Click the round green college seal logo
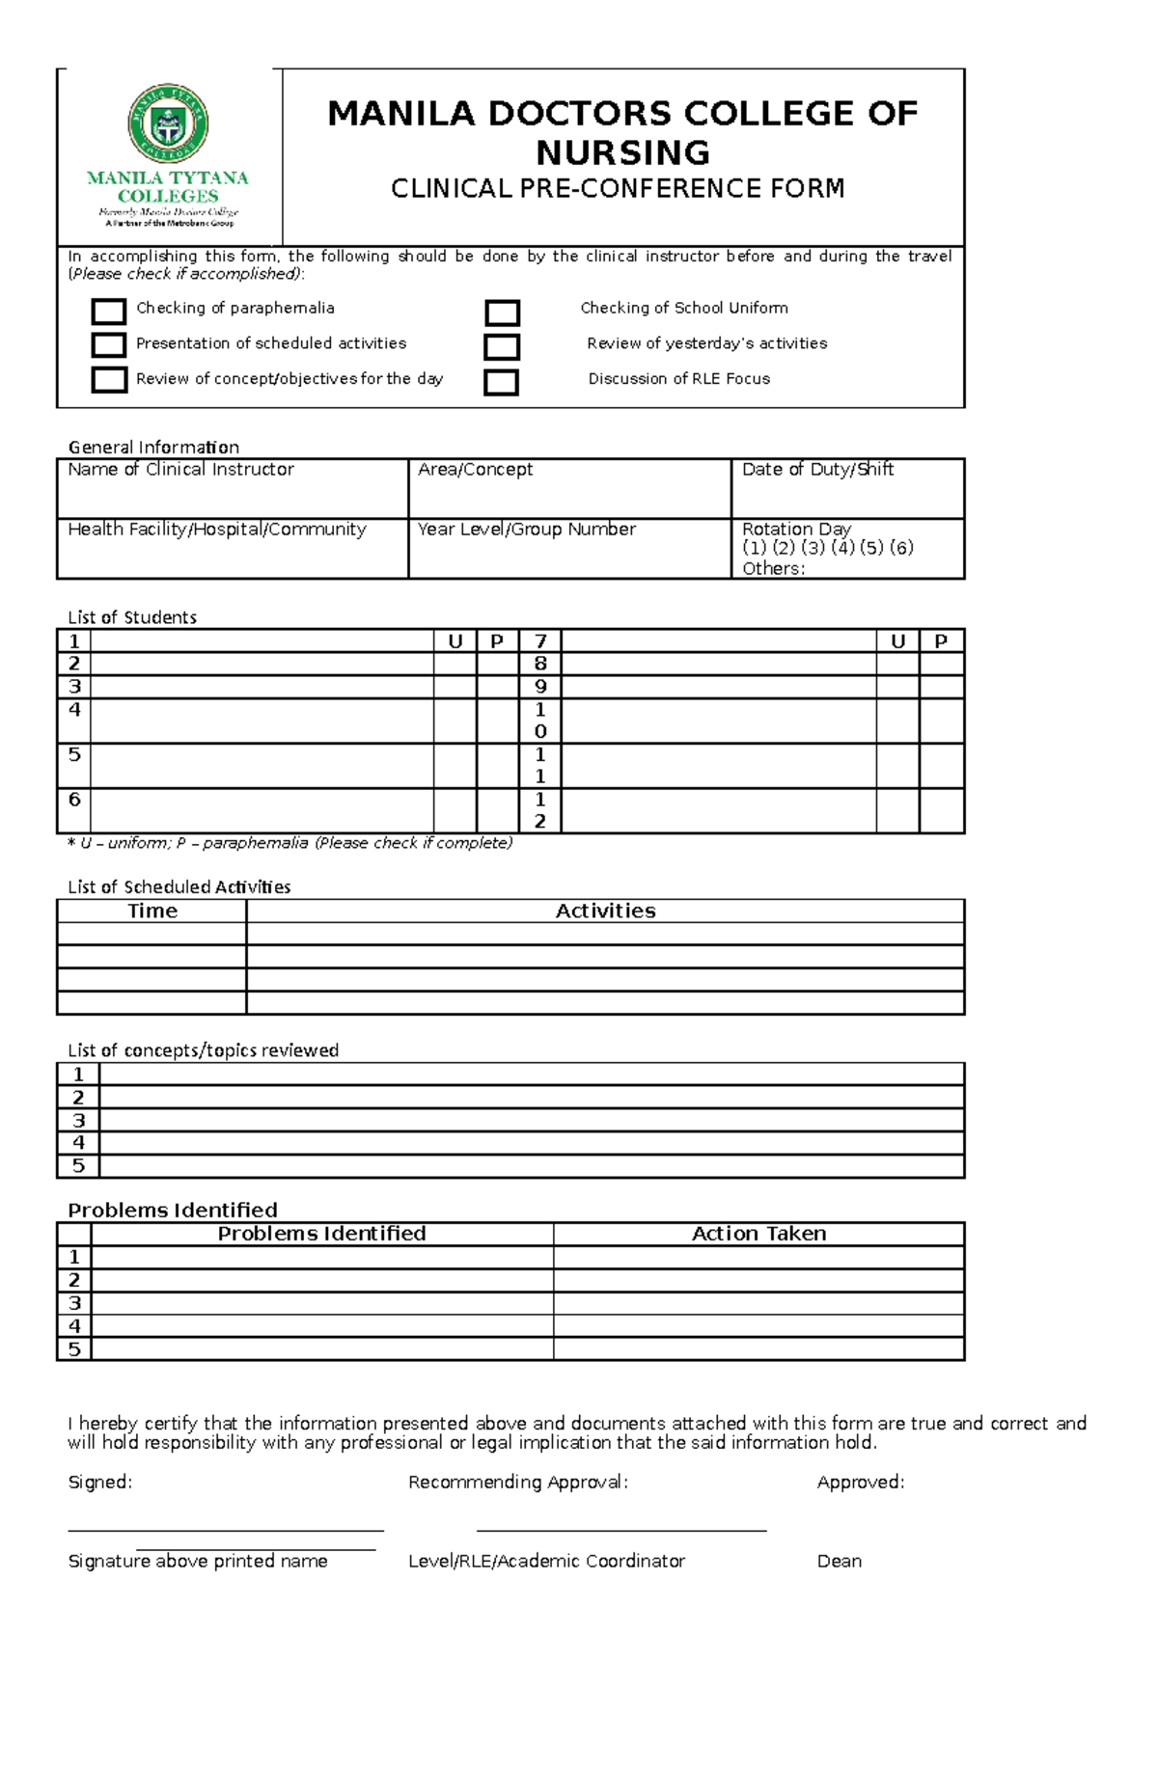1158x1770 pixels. tap(168, 123)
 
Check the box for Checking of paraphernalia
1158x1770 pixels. tap(109, 311)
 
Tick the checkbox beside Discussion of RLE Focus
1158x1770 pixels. tap(501, 382)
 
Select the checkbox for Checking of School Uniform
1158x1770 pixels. tap(502, 313)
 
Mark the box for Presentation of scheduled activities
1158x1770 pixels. tap(109, 345)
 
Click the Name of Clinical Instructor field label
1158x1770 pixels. tap(180, 470)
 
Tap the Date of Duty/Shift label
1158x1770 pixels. tap(817, 470)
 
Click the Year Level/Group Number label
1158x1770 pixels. tap(526, 530)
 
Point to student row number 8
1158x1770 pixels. tap(540, 664)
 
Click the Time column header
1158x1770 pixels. tap(152, 911)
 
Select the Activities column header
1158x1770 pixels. tap(605, 911)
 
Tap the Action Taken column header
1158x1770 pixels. tap(758, 1234)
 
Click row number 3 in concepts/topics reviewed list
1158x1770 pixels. tap(78, 1121)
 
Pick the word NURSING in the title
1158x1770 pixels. tap(622, 152)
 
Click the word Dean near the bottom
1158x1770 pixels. tap(839, 1561)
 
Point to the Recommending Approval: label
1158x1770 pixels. tap(518, 1482)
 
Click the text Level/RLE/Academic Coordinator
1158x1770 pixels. tap(546, 1561)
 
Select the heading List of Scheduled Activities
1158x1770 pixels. tap(179, 886)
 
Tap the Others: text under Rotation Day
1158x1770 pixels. tap(773, 568)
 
